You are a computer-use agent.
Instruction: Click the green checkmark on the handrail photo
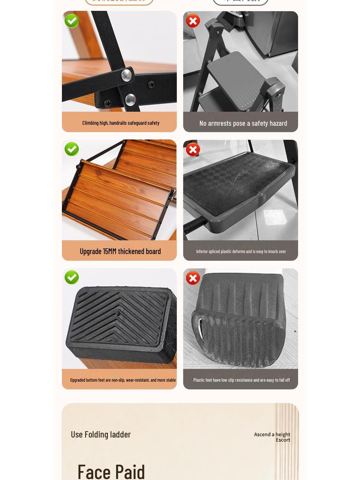tap(72, 21)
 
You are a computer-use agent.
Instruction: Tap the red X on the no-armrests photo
tap(193, 21)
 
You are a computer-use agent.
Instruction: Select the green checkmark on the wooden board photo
tap(72, 149)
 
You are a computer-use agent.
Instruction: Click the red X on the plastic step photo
tap(193, 150)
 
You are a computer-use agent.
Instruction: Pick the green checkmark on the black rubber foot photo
tap(72, 277)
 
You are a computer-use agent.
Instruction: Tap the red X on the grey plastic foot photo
tap(193, 278)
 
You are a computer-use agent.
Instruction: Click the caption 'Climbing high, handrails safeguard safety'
tap(120, 123)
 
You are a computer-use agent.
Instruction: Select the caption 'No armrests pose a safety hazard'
tap(243, 123)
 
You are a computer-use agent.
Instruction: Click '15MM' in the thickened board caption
tap(119, 251)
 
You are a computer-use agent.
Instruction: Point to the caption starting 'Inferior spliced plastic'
tap(240, 251)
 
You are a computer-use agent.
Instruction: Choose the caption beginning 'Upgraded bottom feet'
tap(122, 380)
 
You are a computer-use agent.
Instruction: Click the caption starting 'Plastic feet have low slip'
tap(241, 380)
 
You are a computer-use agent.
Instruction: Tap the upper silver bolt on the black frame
tap(126, 75)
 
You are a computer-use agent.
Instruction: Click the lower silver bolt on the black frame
tap(130, 99)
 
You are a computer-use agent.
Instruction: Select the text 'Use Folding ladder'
tap(101, 435)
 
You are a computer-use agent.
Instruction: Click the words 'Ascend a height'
tap(272, 435)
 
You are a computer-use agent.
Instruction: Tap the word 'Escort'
tap(283, 440)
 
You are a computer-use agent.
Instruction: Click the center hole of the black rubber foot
tap(118, 314)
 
